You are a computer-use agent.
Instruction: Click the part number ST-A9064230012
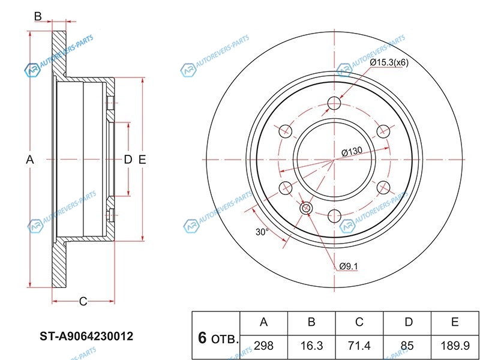(x=86, y=337)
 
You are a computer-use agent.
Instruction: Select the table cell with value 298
(x=263, y=346)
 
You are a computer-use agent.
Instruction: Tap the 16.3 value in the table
(x=311, y=346)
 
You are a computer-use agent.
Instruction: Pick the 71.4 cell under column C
(x=359, y=346)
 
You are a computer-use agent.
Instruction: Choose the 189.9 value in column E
(x=455, y=346)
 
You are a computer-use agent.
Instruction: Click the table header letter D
(x=409, y=322)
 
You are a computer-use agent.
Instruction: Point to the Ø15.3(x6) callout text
(x=389, y=62)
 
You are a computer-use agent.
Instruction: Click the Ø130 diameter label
(x=352, y=152)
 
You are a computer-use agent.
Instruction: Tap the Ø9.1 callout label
(x=349, y=266)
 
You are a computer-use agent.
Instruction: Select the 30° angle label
(x=262, y=232)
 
